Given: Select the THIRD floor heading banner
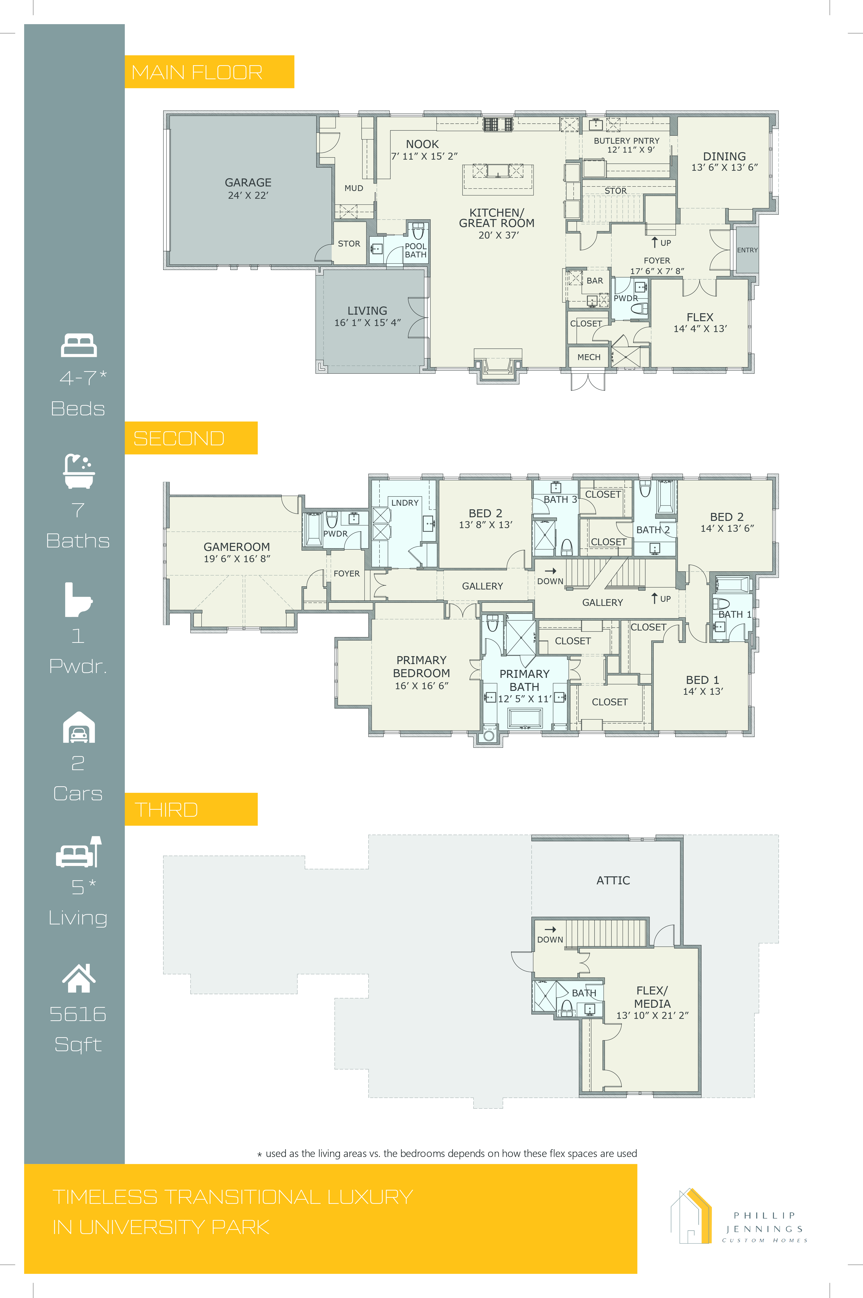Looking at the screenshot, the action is [191, 809].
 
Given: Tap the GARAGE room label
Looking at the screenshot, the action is [248, 182].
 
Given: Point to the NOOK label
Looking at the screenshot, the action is [423, 144].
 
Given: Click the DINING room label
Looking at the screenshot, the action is [724, 156].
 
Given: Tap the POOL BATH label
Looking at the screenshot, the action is [415, 250].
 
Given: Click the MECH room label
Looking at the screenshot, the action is [589, 357].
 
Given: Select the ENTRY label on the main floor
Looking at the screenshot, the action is [747, 250].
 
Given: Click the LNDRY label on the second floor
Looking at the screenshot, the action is [405, 503].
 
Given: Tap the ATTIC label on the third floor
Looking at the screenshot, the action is [613, 880].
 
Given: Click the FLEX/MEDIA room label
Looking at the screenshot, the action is [652, 997].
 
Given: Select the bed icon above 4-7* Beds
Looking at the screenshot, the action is [79, 345].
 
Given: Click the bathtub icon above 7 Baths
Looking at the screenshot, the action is [79, 471].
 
